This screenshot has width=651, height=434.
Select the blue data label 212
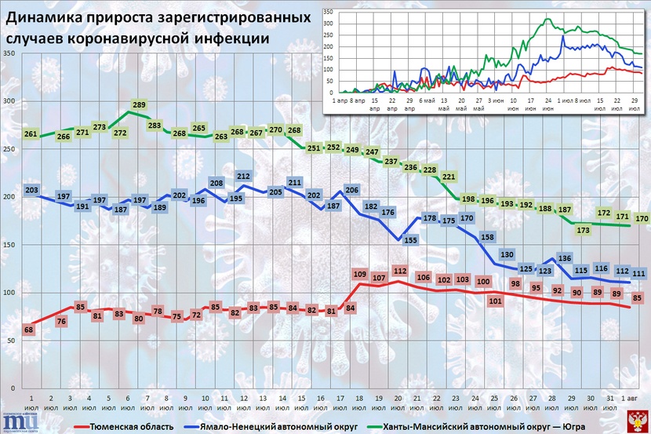pos(243,177)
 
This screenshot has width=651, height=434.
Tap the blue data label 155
pos(410,241)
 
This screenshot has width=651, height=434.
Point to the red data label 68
pos(29,330)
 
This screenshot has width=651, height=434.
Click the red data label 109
pos(360,274)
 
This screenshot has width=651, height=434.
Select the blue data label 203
pos(32,190)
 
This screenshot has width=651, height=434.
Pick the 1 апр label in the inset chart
pos(340,100)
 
